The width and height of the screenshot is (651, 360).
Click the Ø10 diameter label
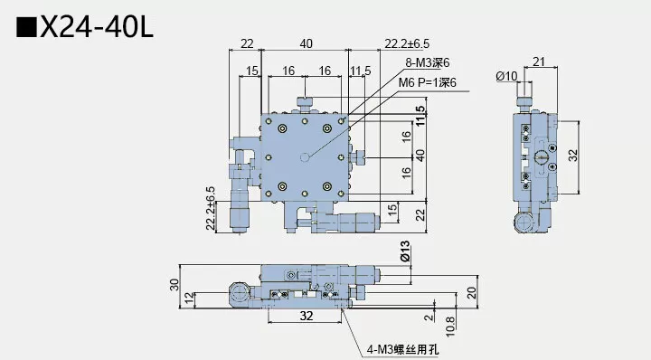coord(506,76)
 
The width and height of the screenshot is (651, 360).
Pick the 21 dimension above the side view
coord(538,61)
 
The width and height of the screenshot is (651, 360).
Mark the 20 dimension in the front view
coord(471,291)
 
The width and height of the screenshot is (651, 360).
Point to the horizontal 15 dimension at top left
coord(251,71)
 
